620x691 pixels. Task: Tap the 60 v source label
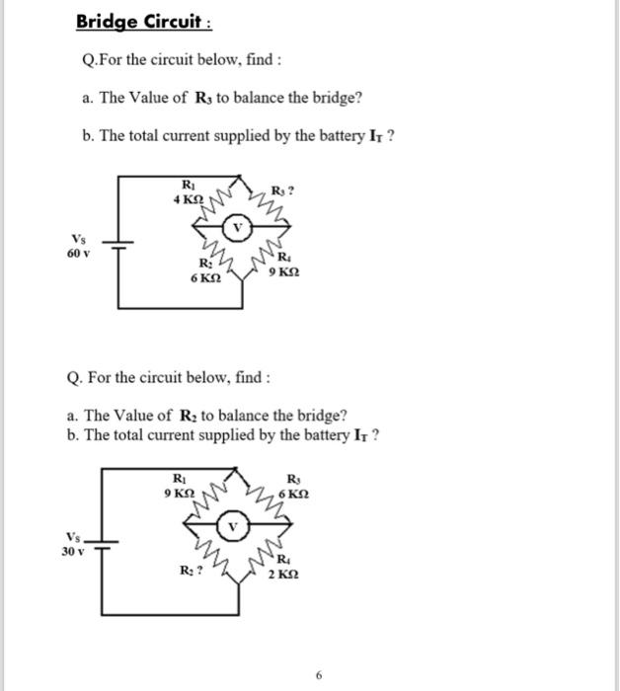click(x=78, y=253)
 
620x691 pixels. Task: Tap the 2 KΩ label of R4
click(x=283, y=575)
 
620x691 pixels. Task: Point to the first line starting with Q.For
click(x=183, y=61)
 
